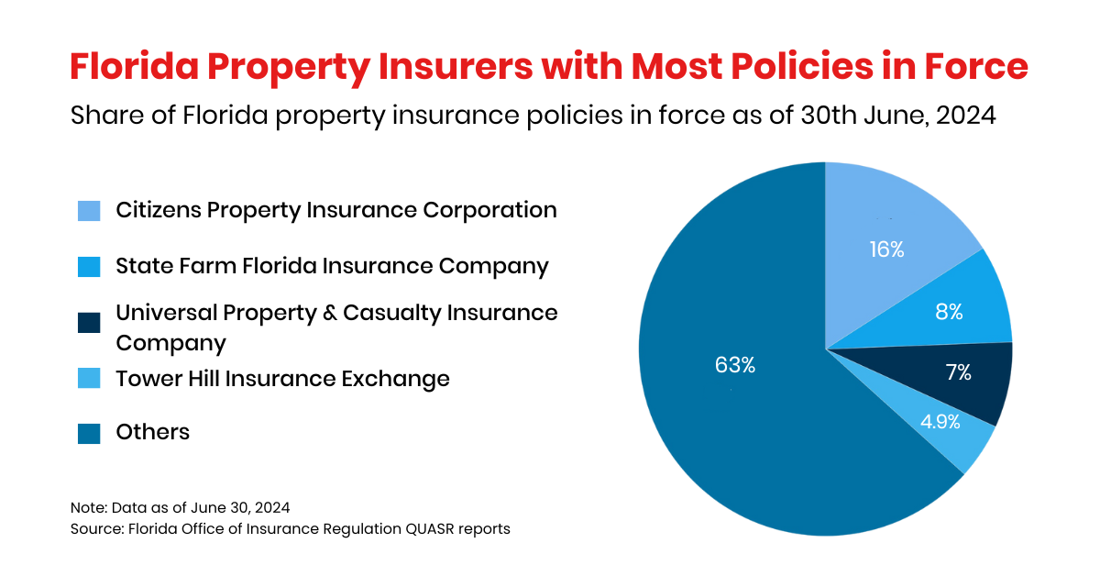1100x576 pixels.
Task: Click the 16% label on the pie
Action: [886, 249]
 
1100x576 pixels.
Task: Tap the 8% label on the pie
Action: [949, 312]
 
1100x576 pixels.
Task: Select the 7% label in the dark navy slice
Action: [958, 372]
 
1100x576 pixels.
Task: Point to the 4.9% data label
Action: [940, 422]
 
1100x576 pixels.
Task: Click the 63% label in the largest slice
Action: [734, 365]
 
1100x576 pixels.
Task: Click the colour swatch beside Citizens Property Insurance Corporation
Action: [88, 211]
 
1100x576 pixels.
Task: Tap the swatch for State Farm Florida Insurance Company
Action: [88, 267]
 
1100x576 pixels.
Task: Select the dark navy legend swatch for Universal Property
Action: [88, 323]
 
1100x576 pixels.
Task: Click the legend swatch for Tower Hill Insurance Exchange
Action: [88, 379]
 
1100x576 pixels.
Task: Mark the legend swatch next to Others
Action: [88, 433]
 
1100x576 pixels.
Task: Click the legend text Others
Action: [152, 432]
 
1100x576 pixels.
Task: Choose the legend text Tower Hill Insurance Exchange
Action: [282, 378]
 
